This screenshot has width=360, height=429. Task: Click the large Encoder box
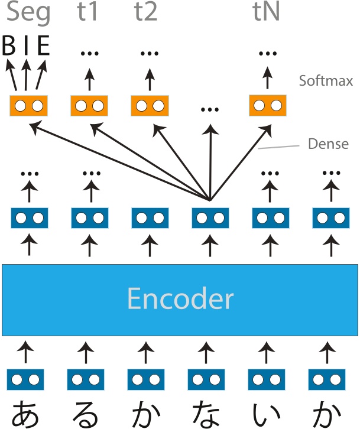point(180,300)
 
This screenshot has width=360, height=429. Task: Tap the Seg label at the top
point(28,13)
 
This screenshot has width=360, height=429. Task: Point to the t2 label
point(145,13)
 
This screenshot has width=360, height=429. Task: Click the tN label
point(267,13)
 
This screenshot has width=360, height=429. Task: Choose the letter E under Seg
point(43,47)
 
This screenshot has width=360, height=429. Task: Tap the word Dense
point(329,144)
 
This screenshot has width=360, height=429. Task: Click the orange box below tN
point(268,106)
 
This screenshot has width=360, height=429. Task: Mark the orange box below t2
point(149,106)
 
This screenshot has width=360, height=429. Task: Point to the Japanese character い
point(267,413)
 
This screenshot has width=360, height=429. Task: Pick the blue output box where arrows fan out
point(210,218)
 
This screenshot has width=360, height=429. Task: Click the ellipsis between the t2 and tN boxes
point(209,109)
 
